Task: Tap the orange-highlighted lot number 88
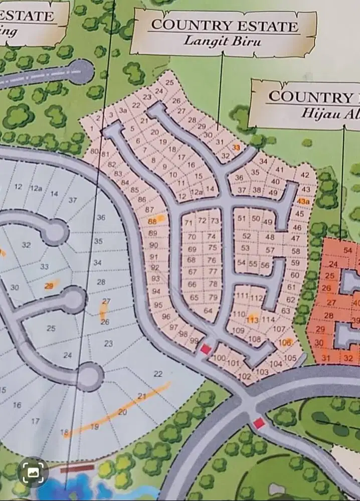coord(153,221)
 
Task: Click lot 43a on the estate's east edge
coord(302,201)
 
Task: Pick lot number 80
coord(95,152)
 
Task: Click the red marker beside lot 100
coord(205,349)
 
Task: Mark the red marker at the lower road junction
coord(259,424)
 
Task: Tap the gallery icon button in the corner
coord(33,472)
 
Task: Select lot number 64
coord(209,311)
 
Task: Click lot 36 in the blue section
coord(101,217)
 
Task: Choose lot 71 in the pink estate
coord(189,222)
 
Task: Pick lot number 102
coord(245,376)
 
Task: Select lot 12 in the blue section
coord(19,187)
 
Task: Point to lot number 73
coord(215,221)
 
